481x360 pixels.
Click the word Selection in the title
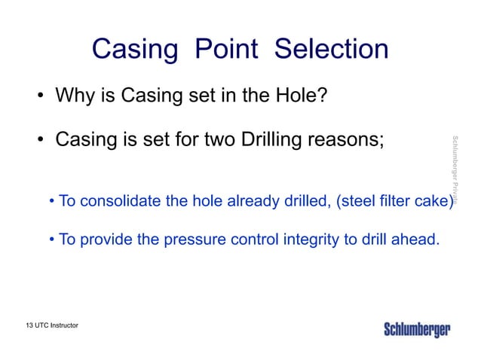coord(331,50)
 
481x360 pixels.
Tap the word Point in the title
coord(227,50)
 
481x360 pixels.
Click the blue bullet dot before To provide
coord(51,241)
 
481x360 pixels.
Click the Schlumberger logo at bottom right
coord(416,330)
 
